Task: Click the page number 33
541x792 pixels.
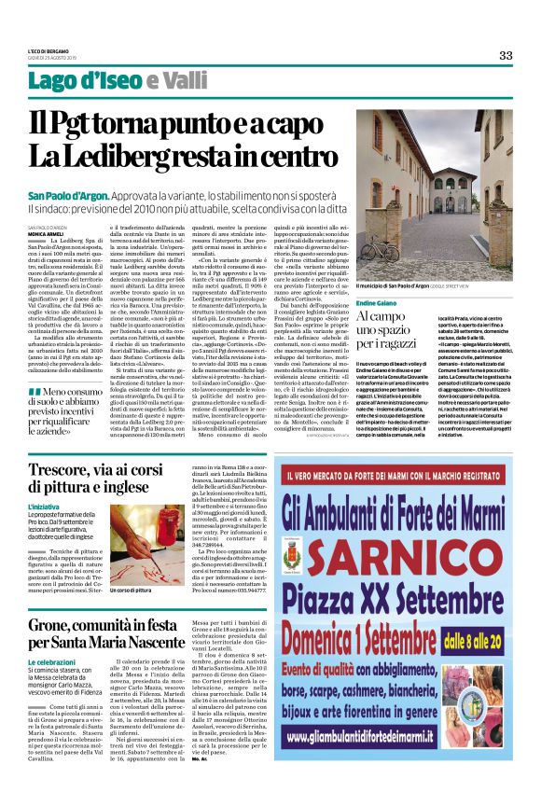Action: (506, 55)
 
